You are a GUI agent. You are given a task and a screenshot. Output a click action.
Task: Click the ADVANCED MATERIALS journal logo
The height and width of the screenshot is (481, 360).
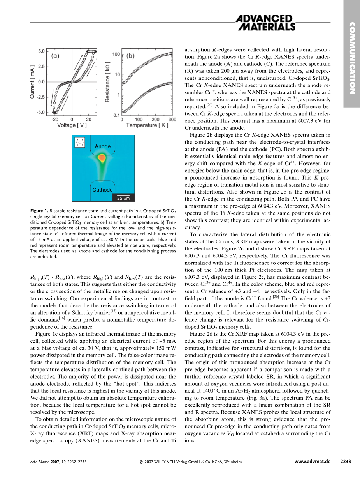[x=266, y=23]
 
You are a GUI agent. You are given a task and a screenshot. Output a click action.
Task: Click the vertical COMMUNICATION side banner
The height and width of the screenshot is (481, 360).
[x=353, y=58]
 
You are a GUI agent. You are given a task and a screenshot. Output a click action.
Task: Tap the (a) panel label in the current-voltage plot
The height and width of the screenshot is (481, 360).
[x=55, y=56]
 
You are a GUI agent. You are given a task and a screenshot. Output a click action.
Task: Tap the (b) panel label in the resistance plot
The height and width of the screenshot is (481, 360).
[x=130, y=56]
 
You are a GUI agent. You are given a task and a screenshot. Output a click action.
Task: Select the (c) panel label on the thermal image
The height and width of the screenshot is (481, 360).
[x=79, y=143]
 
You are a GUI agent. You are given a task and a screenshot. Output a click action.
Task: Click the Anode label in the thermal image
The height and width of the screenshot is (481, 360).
[x=103, y=146]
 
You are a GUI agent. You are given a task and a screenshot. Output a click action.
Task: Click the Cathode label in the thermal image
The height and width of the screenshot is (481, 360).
[x=102, y=190]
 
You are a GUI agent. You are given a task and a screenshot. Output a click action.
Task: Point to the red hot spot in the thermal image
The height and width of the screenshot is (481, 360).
[x=102, y=159]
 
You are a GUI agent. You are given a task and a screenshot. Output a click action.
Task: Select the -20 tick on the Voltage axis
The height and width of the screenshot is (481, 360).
[x=54, y=120]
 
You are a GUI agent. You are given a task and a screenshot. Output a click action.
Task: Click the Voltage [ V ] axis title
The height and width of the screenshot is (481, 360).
[x=72, y=125]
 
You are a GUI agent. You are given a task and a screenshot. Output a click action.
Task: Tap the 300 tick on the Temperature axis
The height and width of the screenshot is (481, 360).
[x=171, y=120]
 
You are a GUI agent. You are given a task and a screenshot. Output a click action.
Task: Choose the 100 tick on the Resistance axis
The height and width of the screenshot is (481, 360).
[x=116, y=54]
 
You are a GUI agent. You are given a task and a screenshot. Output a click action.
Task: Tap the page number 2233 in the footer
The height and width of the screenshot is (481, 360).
[x=345, y=462]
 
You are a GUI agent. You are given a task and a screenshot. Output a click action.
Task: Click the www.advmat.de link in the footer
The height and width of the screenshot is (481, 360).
[x=313, y=462]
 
